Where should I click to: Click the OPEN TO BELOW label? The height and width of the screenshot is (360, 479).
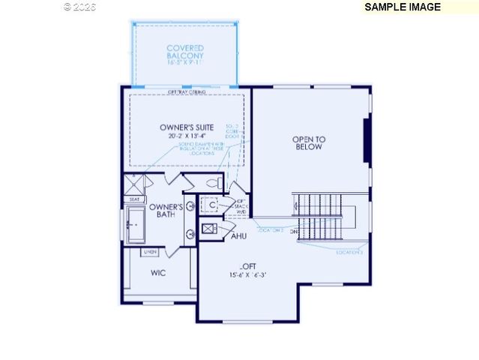[x=309, y=143]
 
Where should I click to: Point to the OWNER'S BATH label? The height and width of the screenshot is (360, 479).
[x=166, y=211]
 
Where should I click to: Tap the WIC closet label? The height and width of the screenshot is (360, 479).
[x=158, y=273]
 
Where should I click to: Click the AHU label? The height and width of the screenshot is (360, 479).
[x=238, y=236]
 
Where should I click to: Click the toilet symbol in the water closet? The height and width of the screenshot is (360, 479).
[x=212, y=183]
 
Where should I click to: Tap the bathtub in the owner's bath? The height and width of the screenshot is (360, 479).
[x=136, y=225]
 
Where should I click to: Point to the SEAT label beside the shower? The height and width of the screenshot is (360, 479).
[x=134, y=199]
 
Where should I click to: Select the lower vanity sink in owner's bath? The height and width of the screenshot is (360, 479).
[x=190, y=234]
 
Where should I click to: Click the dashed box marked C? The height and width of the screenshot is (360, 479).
[x=212, y=205]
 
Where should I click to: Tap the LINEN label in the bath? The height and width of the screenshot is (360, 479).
[x=150, y=251]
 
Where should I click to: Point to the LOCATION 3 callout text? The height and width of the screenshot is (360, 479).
[x=349, y=253]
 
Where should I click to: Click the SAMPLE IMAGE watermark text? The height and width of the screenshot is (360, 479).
[x=402, y=7]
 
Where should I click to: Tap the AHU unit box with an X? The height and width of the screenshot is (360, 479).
[x=209, y=229]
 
